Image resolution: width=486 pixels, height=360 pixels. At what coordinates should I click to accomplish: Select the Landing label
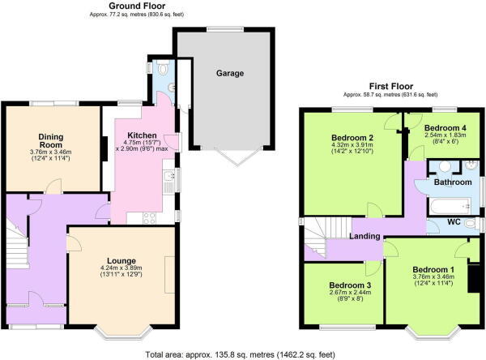pyautogui.click(x=366, y=236)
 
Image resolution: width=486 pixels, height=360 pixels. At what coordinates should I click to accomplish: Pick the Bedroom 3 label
pyautogui.click(x=350, y=285)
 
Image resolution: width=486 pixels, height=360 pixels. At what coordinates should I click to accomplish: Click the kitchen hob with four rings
pyautogui.click(x=149, y=216)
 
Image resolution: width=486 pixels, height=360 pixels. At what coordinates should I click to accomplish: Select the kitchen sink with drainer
pyautogui.click(x=168, y=179)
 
